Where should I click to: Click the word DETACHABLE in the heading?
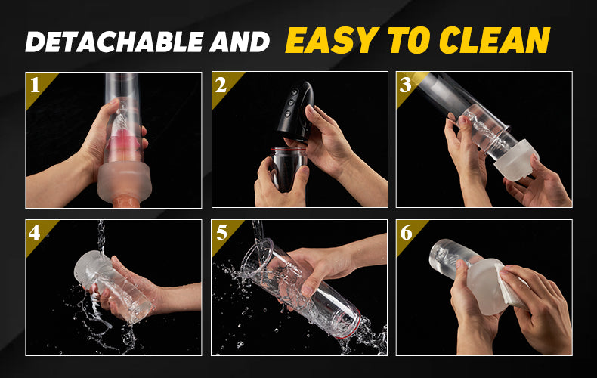click(115, 42)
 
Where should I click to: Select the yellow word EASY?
click(332, 40)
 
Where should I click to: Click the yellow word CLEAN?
click(494, 40)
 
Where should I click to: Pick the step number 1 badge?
click(37, 85)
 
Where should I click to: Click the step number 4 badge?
click(37, 233)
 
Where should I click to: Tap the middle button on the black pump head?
click(290, 102)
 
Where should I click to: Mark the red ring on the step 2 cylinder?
click(288, 150)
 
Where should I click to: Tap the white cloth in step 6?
click(510, 284)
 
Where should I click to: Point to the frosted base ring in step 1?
click(125, 183)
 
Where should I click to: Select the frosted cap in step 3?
click(517, 160)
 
